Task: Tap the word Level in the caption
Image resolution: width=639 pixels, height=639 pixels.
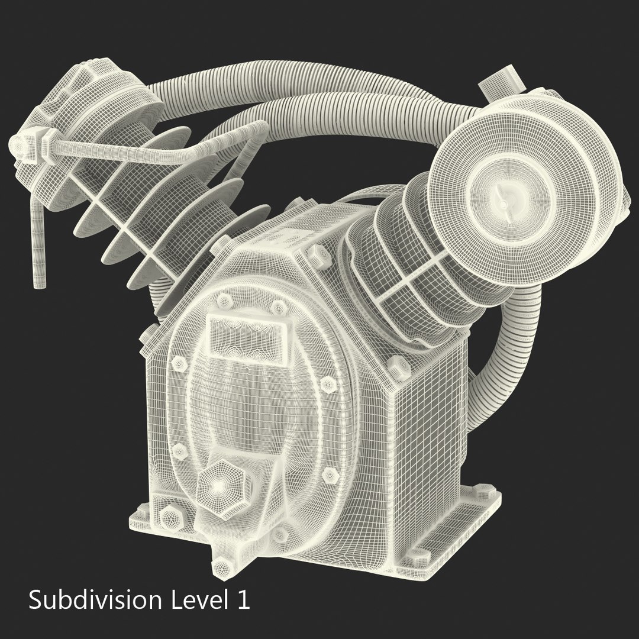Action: point(193,601)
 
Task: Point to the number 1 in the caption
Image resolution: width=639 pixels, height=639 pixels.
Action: point(242,601)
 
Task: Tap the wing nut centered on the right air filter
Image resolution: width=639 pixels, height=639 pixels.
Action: point(503,203)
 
